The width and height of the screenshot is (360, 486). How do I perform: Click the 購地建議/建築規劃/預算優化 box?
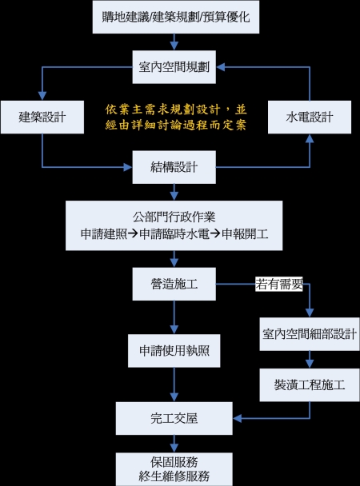pos(176,17)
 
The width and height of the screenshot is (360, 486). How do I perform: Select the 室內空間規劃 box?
pos(174,67)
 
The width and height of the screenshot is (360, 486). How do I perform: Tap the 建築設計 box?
pos(42,118)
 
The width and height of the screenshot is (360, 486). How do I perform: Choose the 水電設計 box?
pos(310,118)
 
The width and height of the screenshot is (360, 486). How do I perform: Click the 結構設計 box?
pos(174,167)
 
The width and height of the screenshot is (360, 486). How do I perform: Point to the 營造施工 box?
pos(174,284)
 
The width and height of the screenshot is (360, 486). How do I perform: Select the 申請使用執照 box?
pos(174,351)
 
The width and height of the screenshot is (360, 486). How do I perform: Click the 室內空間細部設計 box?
pos(310,334)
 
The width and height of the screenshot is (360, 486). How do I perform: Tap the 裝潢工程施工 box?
pos(310,385)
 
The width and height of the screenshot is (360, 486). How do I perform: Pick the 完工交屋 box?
pos(174,418)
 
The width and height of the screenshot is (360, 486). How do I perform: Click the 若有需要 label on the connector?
pos(279,284)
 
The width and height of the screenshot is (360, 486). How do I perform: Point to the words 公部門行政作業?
pos(174,217)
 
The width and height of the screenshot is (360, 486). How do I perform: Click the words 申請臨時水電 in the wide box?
pos(174,233)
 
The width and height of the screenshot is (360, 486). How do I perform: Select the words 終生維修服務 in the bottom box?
pos(174,476)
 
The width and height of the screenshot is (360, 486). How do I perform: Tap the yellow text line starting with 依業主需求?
pos(176,110)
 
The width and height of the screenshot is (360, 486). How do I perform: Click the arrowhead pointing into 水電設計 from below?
pos(310,138)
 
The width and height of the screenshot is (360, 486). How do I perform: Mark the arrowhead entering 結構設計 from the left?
pos(128,167)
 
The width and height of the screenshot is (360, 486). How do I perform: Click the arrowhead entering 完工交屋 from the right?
pos(238,418)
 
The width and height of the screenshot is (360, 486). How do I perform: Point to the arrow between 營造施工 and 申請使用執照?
pos(174,317)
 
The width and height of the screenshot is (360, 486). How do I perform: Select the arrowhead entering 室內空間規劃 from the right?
pos(221,67)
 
